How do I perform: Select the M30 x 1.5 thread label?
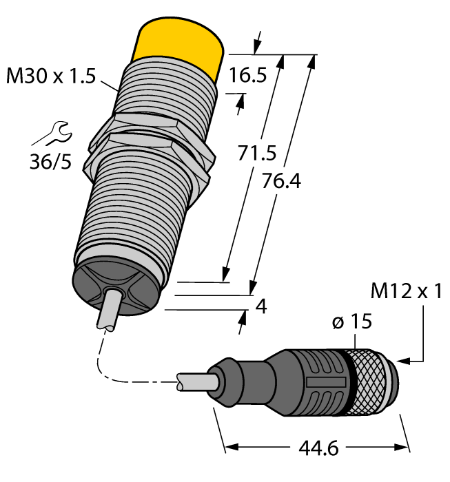tap(50, 76)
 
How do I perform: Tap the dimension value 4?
tap(260, 305)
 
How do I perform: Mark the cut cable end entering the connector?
tap(190, 382)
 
